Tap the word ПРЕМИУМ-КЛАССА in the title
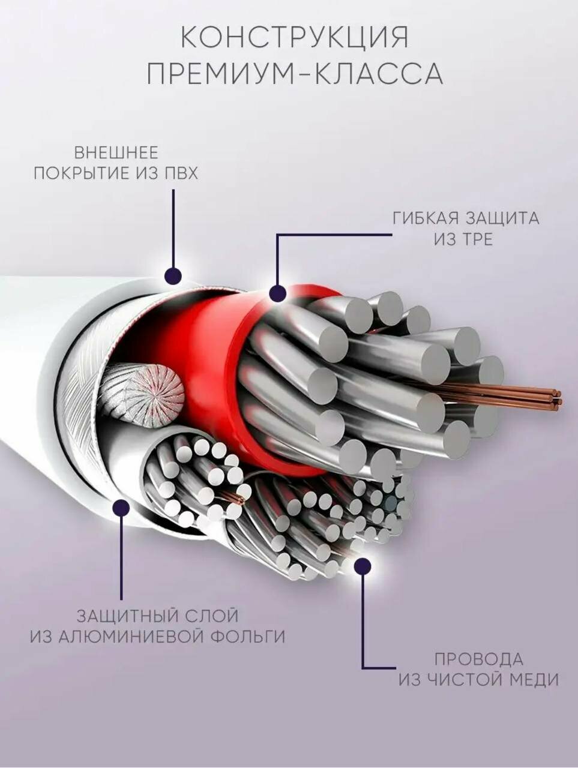(295, 75)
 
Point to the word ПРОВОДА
(479, 659)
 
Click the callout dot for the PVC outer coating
(173, 276)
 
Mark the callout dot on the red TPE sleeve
(277, 293)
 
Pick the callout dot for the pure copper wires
(362, 565)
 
